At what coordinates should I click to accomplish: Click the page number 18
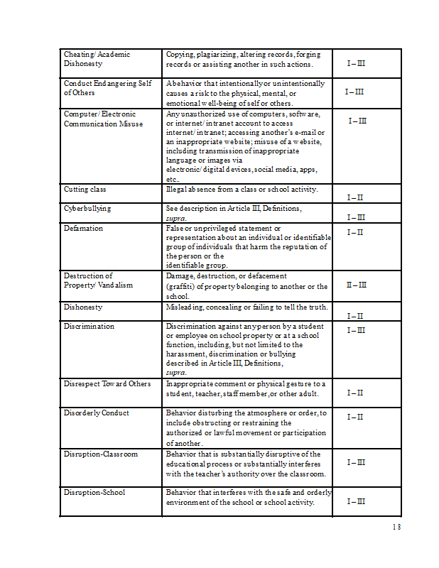(396, 527)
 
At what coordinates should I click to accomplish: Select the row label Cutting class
(85, 190)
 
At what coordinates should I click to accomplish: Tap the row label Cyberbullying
(87, 209)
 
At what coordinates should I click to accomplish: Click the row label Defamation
(83, 228)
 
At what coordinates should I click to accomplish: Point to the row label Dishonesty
(83, 307)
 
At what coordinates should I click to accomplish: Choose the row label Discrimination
(89, 326)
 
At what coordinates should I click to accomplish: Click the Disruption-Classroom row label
(100, 454)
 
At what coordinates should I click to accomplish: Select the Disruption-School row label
(95, 491)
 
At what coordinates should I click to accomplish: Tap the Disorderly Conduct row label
(96, 413)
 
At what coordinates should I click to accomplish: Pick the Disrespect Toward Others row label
(107, 383)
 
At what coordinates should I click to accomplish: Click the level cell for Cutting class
(355, 197)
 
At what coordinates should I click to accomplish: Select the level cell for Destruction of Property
(357, 285)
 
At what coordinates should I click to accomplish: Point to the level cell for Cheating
(357, 64)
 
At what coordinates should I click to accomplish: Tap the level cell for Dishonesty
(355, 316)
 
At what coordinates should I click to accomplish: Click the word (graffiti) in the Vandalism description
(183, 286)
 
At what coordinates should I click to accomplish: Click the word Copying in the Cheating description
(180, 54)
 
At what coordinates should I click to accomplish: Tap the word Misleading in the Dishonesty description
(186, 307)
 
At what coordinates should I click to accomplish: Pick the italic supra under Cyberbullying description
(176, 219)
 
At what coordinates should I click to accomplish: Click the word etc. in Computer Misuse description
(172, 180)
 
